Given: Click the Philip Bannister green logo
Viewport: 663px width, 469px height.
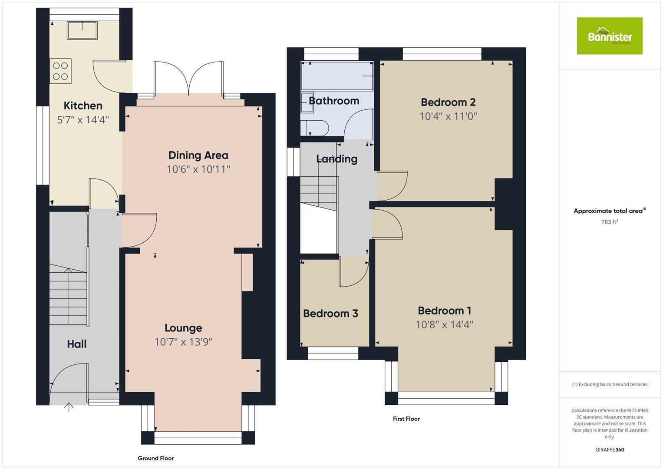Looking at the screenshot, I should [609, 36].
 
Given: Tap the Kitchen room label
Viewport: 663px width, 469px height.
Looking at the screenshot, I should [83, 106].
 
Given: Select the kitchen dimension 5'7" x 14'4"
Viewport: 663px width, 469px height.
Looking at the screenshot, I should [83, 119].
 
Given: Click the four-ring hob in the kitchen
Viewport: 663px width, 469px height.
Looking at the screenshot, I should [60, 71].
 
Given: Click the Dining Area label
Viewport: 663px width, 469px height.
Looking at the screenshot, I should [198, 155].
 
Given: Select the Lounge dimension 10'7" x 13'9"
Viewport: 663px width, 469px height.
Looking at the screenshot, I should [183, 342].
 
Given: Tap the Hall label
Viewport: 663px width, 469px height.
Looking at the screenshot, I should [76, 344].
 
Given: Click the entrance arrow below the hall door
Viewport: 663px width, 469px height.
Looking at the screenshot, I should [69, 407].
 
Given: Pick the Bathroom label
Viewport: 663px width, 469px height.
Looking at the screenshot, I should [334, 101].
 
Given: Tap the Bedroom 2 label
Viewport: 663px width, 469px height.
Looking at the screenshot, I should [448, 102].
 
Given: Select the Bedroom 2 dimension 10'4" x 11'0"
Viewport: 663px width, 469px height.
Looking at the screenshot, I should [448, 116].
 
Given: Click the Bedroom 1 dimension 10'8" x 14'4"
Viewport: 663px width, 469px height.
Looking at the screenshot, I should [444, 324].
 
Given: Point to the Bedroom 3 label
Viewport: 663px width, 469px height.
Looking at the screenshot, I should [330, 313].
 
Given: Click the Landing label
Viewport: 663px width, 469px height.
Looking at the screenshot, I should [336, 159].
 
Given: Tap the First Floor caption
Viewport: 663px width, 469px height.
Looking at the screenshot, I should [406, 419].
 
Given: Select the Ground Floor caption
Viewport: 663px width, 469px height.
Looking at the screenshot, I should [155, 458].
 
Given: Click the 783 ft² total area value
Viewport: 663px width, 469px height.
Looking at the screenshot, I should [609, 222].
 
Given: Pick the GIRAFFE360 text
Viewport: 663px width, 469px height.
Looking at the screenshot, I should [609, 449].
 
